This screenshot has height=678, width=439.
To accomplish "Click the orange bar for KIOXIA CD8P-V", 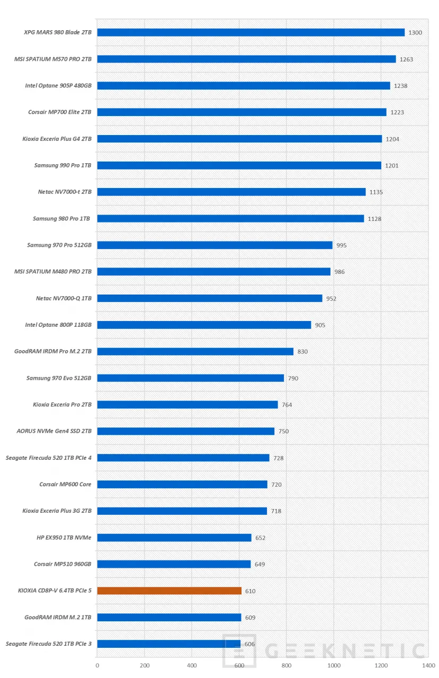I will pyautogui.click(x=169, y=591).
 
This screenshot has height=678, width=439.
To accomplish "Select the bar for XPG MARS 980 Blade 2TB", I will pyautogui.click(x=250, y=32).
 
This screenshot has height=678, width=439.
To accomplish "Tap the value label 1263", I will pyautogui.click(x=406, y=59).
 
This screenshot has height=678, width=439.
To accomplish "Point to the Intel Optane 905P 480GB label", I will pyautogui.click(x=58, y=85).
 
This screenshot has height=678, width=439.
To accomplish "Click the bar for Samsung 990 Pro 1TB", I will pyautogui.click(x=239, y=165).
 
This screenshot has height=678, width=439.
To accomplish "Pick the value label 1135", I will pyautogui.click(x=376, y=192).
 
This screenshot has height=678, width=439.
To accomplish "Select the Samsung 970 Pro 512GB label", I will pyautogui.click(x=59, y=245).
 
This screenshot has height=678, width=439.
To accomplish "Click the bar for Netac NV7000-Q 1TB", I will pyautogui.click(x=210, y=298).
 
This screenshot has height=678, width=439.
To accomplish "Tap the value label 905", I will pyautogui.click(x=320, y=325).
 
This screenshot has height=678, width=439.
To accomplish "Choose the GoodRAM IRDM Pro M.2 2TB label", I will pyautogui.click(x=53, y=351).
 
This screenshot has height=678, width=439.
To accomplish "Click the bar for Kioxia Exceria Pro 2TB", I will pyautogui.click(x=187, y=405).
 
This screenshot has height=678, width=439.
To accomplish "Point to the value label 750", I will pyautogui.click(x=283, y=431).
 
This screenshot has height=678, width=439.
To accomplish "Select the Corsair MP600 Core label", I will pyautogui.click(x=65, y=484).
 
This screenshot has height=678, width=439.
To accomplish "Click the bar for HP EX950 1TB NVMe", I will pyautogui.click(x=174, y=538).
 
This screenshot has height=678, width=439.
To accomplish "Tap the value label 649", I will pyautogui.click(x=259, y=564).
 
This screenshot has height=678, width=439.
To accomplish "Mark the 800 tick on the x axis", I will pyautogui.click(x=286, y=665).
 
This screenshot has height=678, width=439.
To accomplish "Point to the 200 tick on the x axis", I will pyautogui.click(x=145, y=665).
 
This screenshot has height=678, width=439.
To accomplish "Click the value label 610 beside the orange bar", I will pyautogui.click(x=250, y=591).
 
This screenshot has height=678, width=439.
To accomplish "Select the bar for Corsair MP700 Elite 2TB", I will pyautogui.click(x=241, y=112).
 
